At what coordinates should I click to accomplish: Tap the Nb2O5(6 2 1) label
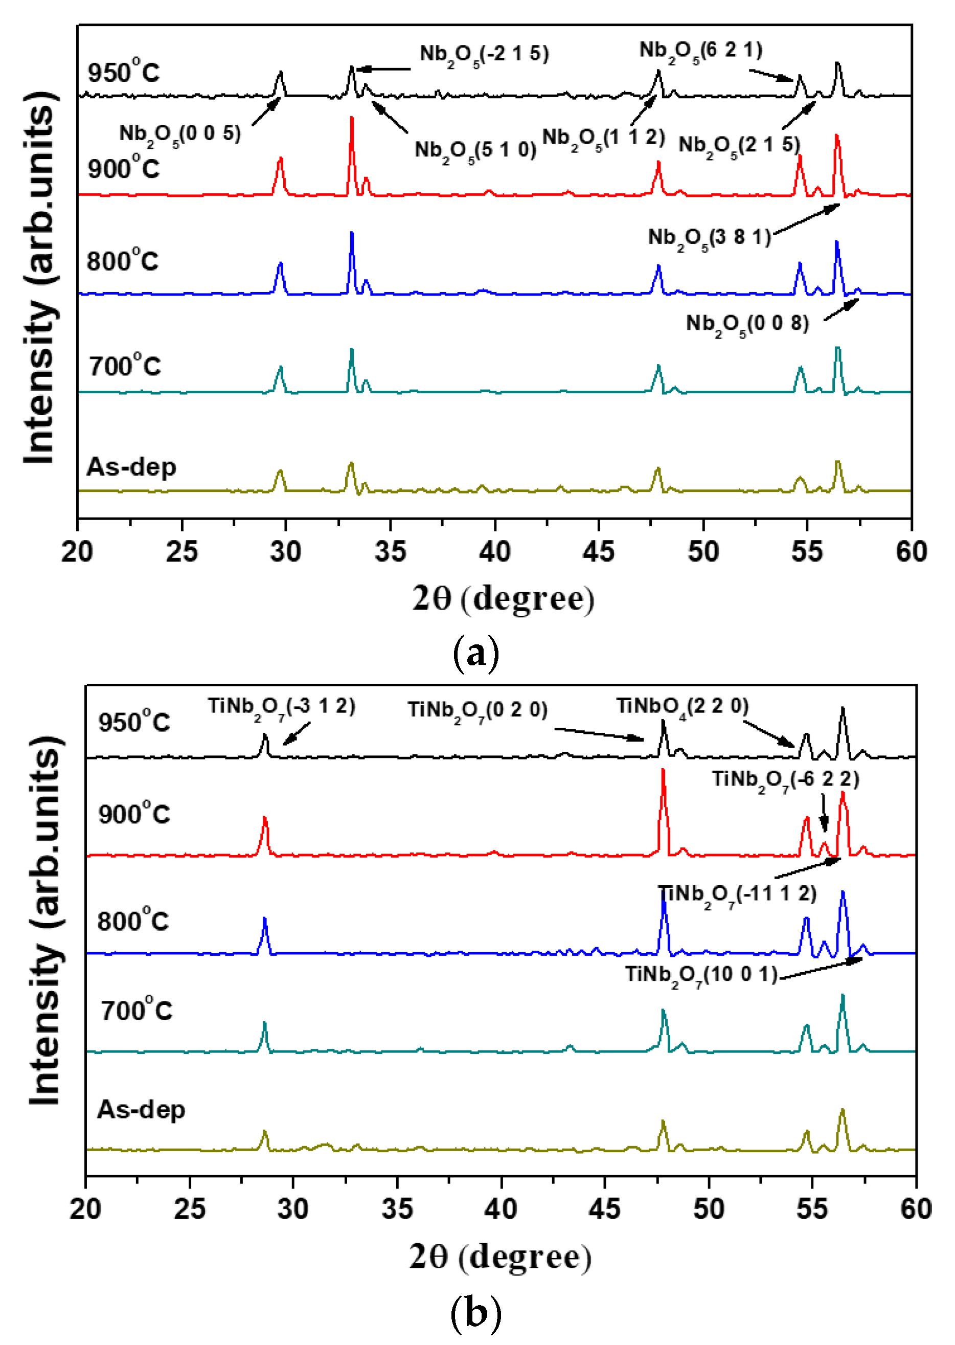[x=700, y=51]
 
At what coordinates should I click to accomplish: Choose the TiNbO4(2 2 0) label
[x=682, y=706]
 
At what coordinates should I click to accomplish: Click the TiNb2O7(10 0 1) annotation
[x=701, y=975]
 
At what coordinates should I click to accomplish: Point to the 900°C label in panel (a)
[x=124, y=168]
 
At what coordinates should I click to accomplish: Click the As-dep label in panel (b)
[x=141, y=1110]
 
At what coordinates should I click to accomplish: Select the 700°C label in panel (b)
[x=137, y=1010]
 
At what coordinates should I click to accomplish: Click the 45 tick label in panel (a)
[x=599, y=552]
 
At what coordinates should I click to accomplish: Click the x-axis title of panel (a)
[x=503, y=599]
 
